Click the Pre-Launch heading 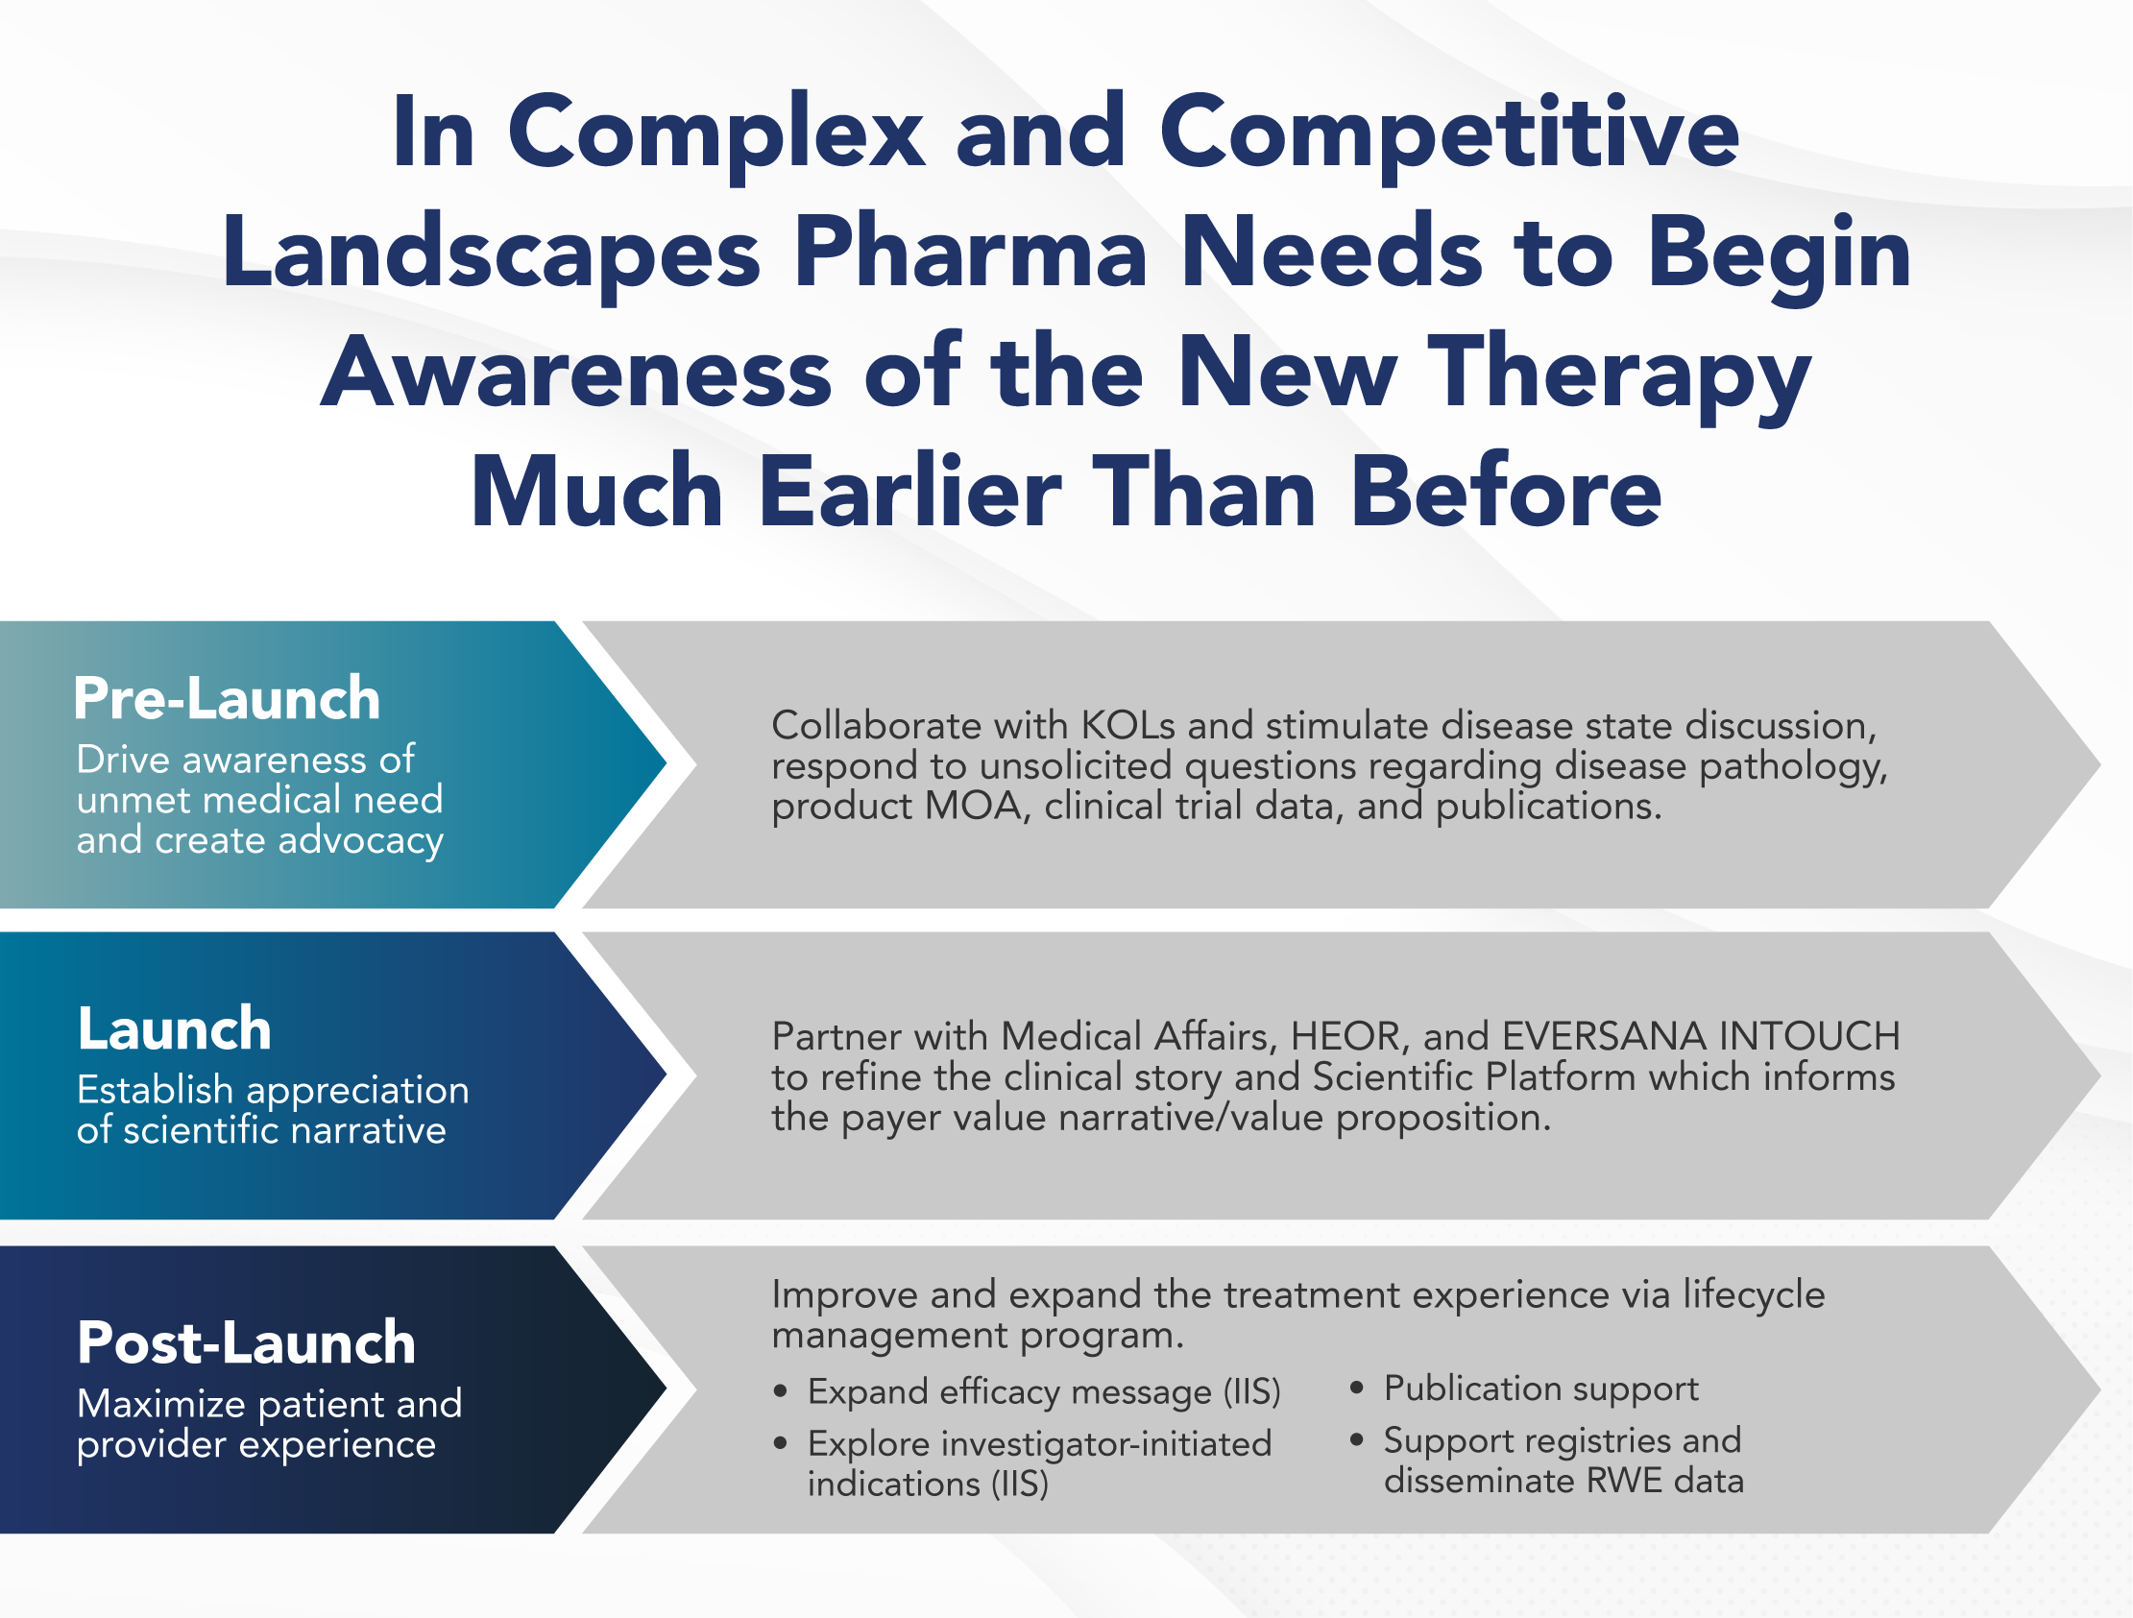[227, 698]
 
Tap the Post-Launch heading [246, 1342]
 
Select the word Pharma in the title [970, 253]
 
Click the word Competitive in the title [1449, 133]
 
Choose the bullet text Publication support [1541, 1389]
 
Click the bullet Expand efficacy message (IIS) [1044, 1391]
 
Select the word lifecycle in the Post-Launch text [1754, 1295]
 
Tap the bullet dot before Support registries [1357, 1440]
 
